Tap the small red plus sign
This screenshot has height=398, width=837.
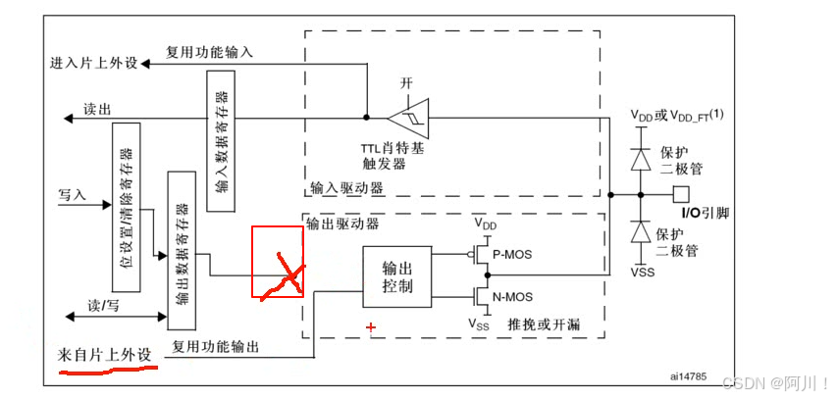point(371,327)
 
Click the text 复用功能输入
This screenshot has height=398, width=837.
point(209,52)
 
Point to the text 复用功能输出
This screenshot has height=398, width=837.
point(216,346)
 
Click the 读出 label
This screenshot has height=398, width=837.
point(96,109)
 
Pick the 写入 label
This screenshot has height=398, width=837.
point(73,195)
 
